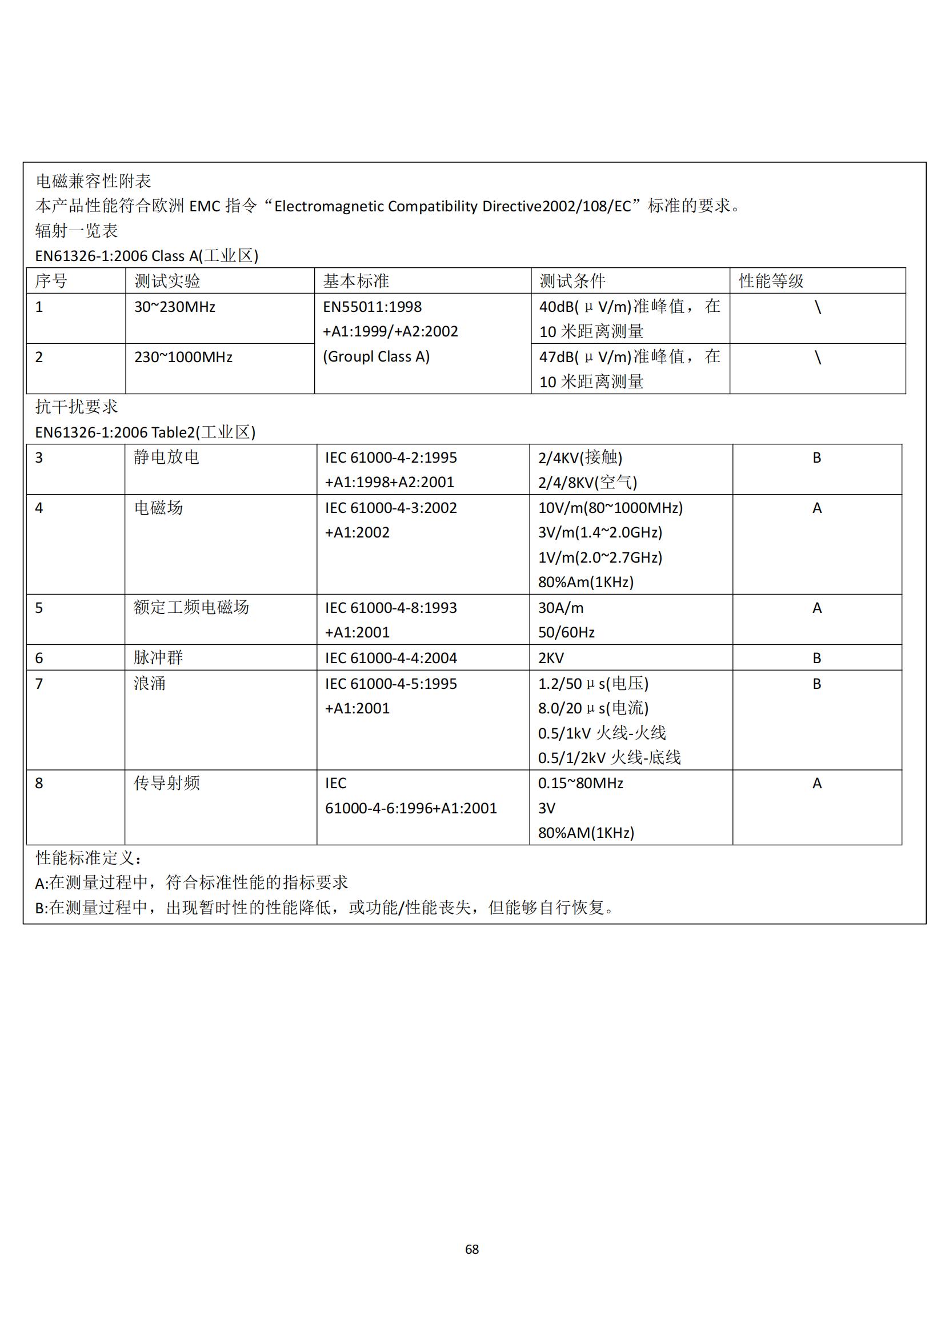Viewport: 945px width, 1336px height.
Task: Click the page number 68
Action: [x=472, y=1249]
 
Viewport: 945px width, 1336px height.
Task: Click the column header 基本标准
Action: [x=355, y=281]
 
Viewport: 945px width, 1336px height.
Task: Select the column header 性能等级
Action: [x=771, y=281]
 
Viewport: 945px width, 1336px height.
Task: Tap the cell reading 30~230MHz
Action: [x=175, y=307]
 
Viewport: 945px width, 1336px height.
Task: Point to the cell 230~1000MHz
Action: [x=183, y=356]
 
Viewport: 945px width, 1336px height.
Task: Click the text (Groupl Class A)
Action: [x=376, y=356]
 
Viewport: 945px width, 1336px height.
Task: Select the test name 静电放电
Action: [x=166, y=458]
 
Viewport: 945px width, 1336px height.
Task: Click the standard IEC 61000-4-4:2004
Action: [x=391, y=658]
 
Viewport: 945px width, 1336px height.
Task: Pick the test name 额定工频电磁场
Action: [x=191, y=608]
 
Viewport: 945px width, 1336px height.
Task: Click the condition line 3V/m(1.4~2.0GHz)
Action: [x=600, y=532]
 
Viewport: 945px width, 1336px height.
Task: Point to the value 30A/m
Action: [x=560, y=608]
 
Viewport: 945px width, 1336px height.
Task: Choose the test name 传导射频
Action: [x=167, y=783]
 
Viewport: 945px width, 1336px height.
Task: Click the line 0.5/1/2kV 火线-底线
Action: [x=609, y=757]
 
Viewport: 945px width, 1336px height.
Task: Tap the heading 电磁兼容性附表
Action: [x=93, y=181]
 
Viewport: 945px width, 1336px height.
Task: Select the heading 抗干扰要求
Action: [x=76, y=407]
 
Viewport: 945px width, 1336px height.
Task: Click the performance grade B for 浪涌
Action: [x=816, y=684]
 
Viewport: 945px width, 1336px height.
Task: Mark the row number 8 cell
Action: [x=39, y=783]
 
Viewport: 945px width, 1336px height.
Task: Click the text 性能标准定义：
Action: [x=89, y=858]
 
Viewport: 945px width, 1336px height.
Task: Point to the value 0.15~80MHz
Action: [x=580, y=783]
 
